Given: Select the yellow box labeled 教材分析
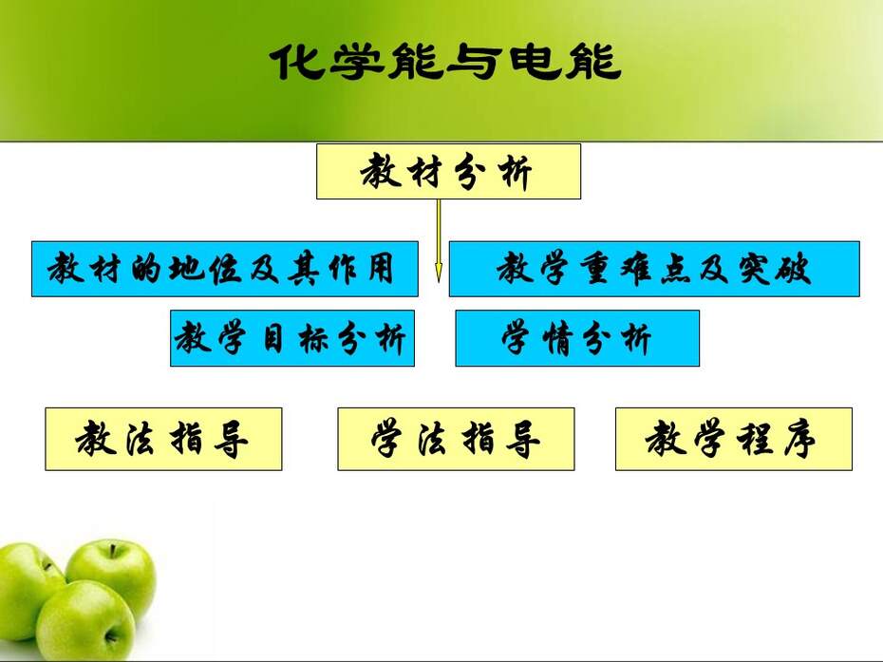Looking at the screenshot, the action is click(448, 171).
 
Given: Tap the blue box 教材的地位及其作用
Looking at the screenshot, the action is click(225, 269).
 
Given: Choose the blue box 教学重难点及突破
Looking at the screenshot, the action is click(654, 269).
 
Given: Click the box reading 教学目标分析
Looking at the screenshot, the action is click(292, 338).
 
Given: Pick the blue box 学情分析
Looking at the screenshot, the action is click(577, 338).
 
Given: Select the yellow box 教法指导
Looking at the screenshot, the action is click(163, 439).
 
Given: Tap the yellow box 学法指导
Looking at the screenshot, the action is click(456, 439).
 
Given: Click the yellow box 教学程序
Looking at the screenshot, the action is click(734, 439).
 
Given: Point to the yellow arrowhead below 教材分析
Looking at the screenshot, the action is click(439, 273).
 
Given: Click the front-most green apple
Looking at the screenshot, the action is click(85, 620).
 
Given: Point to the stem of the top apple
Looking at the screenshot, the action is click(112, 551).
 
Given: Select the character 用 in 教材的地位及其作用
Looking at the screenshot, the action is click(381, 268).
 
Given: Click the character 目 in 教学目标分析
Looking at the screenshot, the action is click(273, 339).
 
